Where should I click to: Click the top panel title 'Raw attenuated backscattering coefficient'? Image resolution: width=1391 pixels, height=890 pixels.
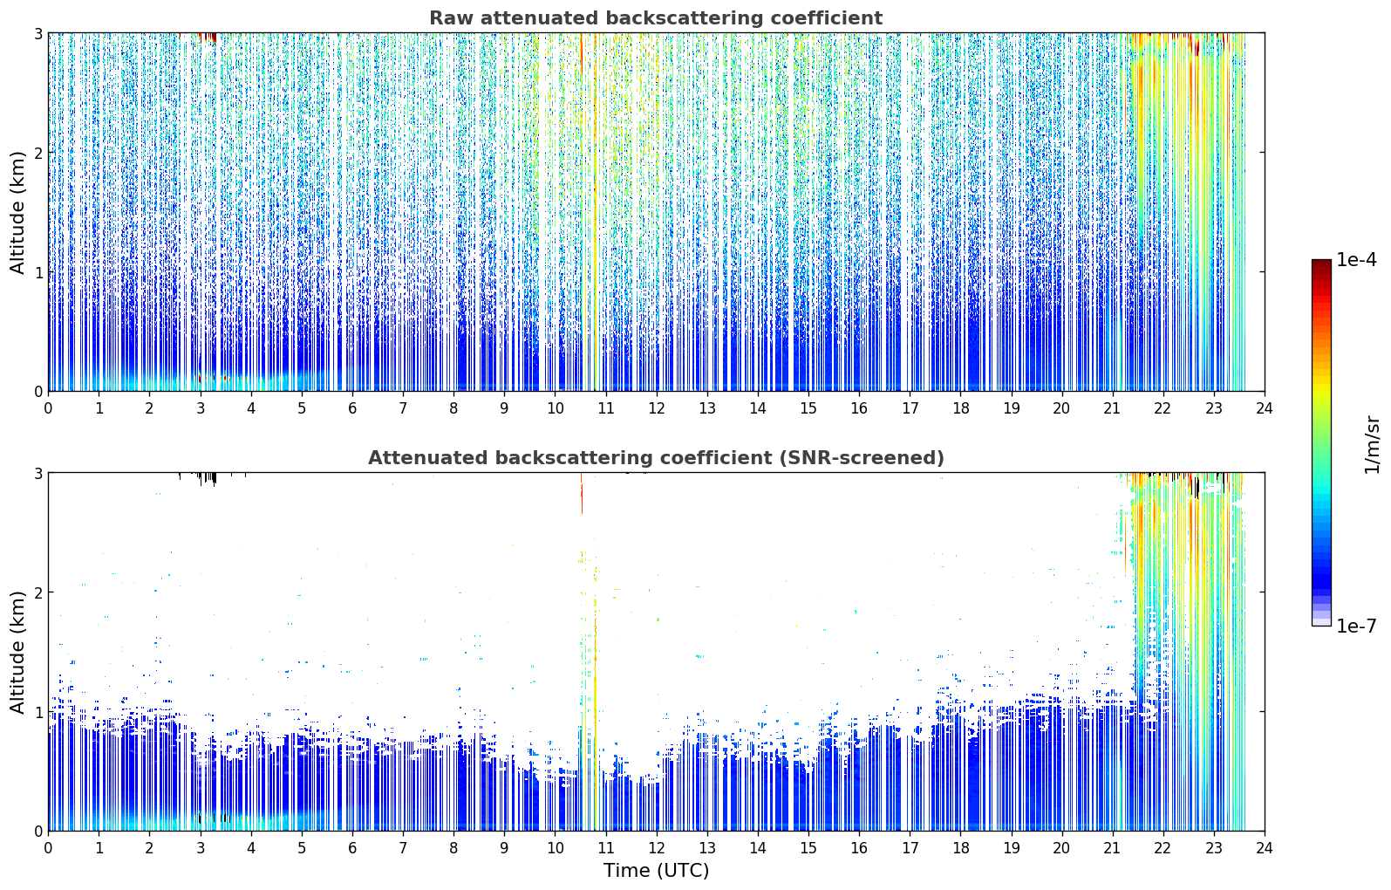pos(656,18)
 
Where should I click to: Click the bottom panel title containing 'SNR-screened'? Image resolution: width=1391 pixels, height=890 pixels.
pos(656,457)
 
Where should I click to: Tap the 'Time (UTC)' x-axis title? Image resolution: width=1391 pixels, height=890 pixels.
pos(656,871)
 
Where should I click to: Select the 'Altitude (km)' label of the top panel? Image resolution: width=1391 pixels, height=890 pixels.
pos(17,213)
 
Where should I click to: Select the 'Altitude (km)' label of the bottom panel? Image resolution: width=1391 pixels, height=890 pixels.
pos(17,652)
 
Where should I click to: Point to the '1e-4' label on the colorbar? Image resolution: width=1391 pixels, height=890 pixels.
pos(1356,260)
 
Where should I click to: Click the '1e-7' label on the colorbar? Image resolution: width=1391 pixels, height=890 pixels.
pos(1356,626)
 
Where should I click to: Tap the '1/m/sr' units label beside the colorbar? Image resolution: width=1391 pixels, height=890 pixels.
pos(1372,445)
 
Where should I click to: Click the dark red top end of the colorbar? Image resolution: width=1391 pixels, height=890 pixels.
pos(1321,264)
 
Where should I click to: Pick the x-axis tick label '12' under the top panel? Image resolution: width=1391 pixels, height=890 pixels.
pos(657,408)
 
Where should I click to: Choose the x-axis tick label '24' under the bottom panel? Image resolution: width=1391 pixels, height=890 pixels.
pos(1265,848)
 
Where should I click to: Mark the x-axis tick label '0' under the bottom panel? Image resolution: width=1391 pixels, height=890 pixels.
pos(49,848)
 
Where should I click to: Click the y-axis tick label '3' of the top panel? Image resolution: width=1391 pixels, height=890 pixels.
pos(38,33)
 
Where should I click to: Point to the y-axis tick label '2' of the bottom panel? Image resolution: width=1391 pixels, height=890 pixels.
pos(38,592)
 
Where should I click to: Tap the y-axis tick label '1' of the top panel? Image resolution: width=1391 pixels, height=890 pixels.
pos(38,272)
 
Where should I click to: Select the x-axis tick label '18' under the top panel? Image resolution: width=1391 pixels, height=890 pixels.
pos(961,408)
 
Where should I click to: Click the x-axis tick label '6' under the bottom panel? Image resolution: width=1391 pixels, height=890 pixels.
pos(352,848)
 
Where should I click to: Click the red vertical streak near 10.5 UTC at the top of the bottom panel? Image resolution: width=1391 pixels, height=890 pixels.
pos(581,493)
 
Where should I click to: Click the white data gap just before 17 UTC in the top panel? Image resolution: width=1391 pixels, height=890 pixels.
pos(904,211)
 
